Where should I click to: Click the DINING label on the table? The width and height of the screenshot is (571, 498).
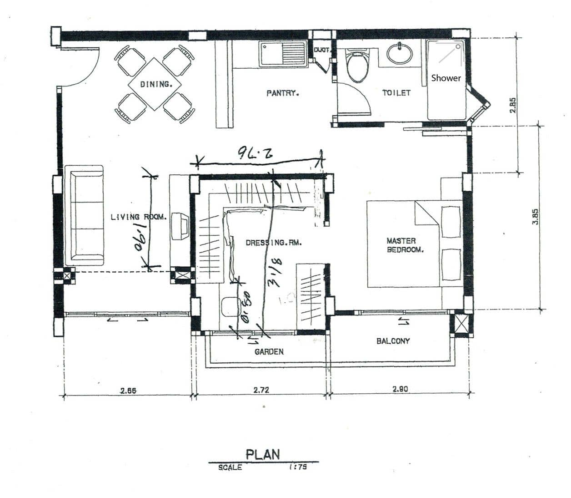(x=155, y=84)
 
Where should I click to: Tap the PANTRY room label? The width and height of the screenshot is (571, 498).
(x=282, y=93)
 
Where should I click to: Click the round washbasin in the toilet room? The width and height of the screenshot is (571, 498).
(x=400, y=53)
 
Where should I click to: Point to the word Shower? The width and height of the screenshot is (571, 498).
(x=446, y=78)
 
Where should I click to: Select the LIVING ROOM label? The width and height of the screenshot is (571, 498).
(x=139, y=217)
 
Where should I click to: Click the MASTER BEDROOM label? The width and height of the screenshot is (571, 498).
(x=405, y=245)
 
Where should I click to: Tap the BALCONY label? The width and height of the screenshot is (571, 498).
(x=393, y=340)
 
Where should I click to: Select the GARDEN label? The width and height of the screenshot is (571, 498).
(x=269, y=351)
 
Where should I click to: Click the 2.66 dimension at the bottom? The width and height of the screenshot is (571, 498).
(x=128, y=390)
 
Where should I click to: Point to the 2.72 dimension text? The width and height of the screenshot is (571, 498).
(x=261, y=390)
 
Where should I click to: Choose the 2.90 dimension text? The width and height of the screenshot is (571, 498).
(x=400, y=389)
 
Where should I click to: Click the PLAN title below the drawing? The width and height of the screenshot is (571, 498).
(x=263, y=454)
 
